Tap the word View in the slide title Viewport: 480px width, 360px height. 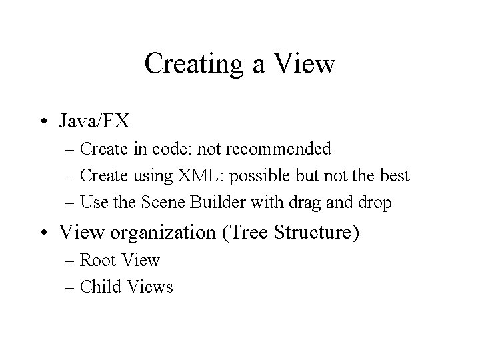tap(304, 65)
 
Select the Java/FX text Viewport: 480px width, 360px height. tap(94, 121)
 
